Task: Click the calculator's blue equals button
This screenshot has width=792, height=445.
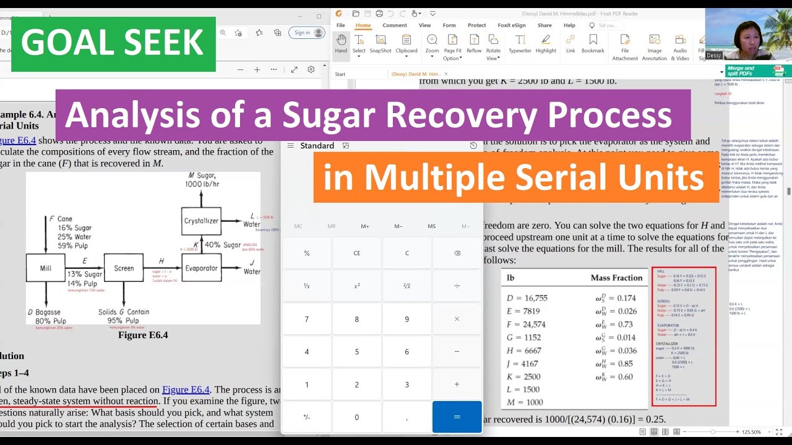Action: point(457,417)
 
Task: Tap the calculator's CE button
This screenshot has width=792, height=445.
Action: point(356,253)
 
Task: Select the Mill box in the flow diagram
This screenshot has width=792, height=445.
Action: point(45,268)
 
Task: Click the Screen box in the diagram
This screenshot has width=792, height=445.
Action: point(124,268)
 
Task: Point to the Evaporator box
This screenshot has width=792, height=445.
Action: point(201,268)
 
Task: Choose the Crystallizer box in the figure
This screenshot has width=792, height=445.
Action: point(201,221)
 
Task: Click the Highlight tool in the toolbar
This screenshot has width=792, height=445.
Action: point(546,44)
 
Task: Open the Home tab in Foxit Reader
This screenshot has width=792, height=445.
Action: point(363,25)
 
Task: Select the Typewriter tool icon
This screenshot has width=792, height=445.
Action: point(520,44)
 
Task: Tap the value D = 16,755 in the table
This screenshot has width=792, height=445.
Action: point(527,298)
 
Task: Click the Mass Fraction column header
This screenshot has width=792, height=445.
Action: point(616,278)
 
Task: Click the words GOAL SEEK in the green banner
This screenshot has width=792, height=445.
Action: point(113,43)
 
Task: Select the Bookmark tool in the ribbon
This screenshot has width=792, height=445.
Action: point(593,44)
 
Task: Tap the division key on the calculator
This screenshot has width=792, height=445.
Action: point(457,286)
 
